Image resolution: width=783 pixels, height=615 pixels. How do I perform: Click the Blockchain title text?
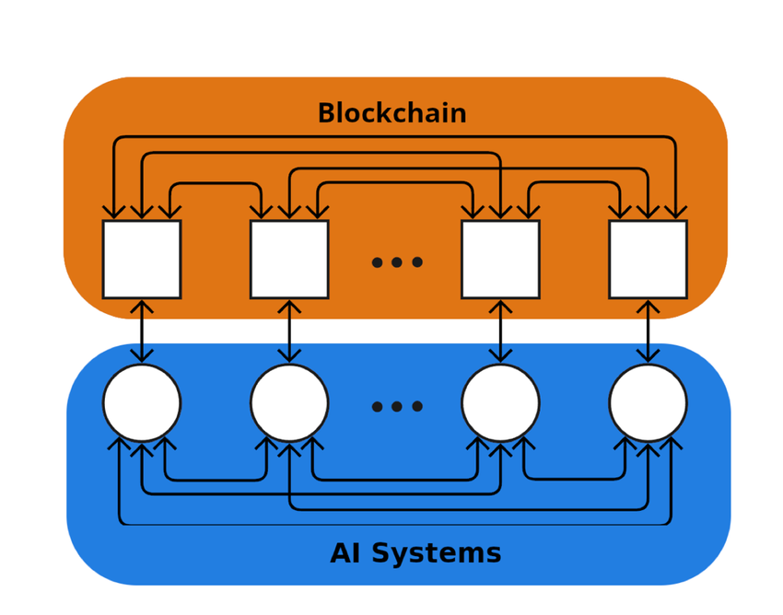[x=391, y=114]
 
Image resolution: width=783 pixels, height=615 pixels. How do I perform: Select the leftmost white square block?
[x=142, y=260]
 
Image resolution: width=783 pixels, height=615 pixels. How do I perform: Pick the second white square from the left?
[x=289, y=260]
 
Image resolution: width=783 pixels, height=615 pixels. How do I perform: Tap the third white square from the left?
[x=500, y=260]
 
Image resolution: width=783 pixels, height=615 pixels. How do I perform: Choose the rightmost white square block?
[x=648, y=260]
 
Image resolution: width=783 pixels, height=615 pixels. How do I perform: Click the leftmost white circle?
[x=142, y=403]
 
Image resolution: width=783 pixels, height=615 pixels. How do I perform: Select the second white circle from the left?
[x=289, y=403]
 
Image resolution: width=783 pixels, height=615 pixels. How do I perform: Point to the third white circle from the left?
[x=500, y=403]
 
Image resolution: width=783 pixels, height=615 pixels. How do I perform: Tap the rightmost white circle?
[x=648, y=403]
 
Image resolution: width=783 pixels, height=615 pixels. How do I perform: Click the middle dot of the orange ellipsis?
[x=397, y=262]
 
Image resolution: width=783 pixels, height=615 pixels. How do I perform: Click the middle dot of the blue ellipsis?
[x=397, y=407]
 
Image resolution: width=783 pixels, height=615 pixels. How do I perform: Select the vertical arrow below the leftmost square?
[x=142, y=331]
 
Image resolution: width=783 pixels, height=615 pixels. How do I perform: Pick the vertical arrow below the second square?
[x=289, y=331]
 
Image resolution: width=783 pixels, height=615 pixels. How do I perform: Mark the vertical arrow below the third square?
[x=500, y=331]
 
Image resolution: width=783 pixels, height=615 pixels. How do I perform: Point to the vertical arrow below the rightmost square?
[x=648, y=331]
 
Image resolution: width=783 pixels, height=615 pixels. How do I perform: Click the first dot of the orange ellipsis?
[x=377, y=262]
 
